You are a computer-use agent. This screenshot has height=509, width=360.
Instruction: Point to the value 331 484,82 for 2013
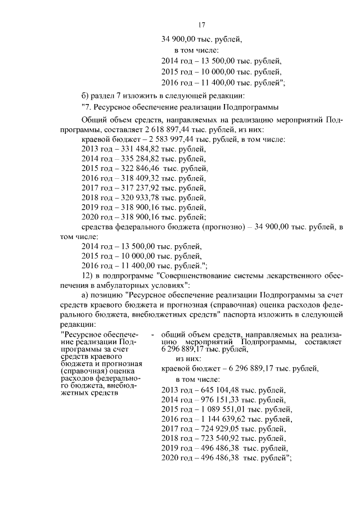[x=137, y=149]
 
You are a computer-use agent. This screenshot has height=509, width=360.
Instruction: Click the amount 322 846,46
[x=138, y=169]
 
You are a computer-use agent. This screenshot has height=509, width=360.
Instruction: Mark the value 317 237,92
[x=137, y=188]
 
